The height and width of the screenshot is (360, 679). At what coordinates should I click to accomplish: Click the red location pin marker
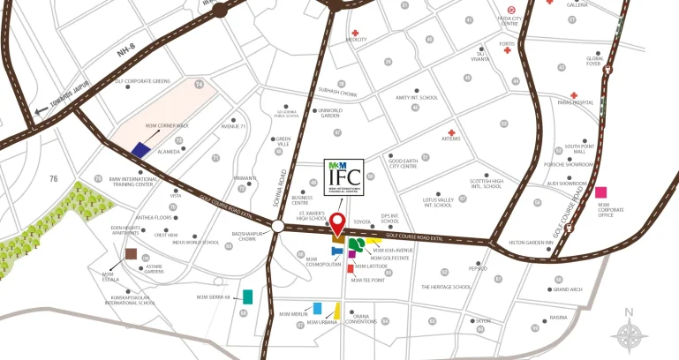338,221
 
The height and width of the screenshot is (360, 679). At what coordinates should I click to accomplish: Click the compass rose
629,334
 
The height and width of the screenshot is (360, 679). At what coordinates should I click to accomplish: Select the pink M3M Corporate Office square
601,192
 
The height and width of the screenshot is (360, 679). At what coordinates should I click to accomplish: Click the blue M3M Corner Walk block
140,148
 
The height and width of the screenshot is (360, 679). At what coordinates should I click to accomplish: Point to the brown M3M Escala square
131,255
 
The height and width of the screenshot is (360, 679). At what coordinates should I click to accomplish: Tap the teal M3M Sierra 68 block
249,296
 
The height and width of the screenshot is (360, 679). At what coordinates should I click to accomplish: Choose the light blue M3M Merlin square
317,308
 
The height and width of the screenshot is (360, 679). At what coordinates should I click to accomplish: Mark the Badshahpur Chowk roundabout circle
278,227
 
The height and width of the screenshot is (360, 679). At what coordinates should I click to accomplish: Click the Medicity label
356,40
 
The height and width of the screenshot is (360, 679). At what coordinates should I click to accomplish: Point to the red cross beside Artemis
451,131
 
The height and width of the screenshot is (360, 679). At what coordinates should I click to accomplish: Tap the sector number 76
53,179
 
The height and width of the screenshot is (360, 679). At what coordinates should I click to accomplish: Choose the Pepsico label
478,268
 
